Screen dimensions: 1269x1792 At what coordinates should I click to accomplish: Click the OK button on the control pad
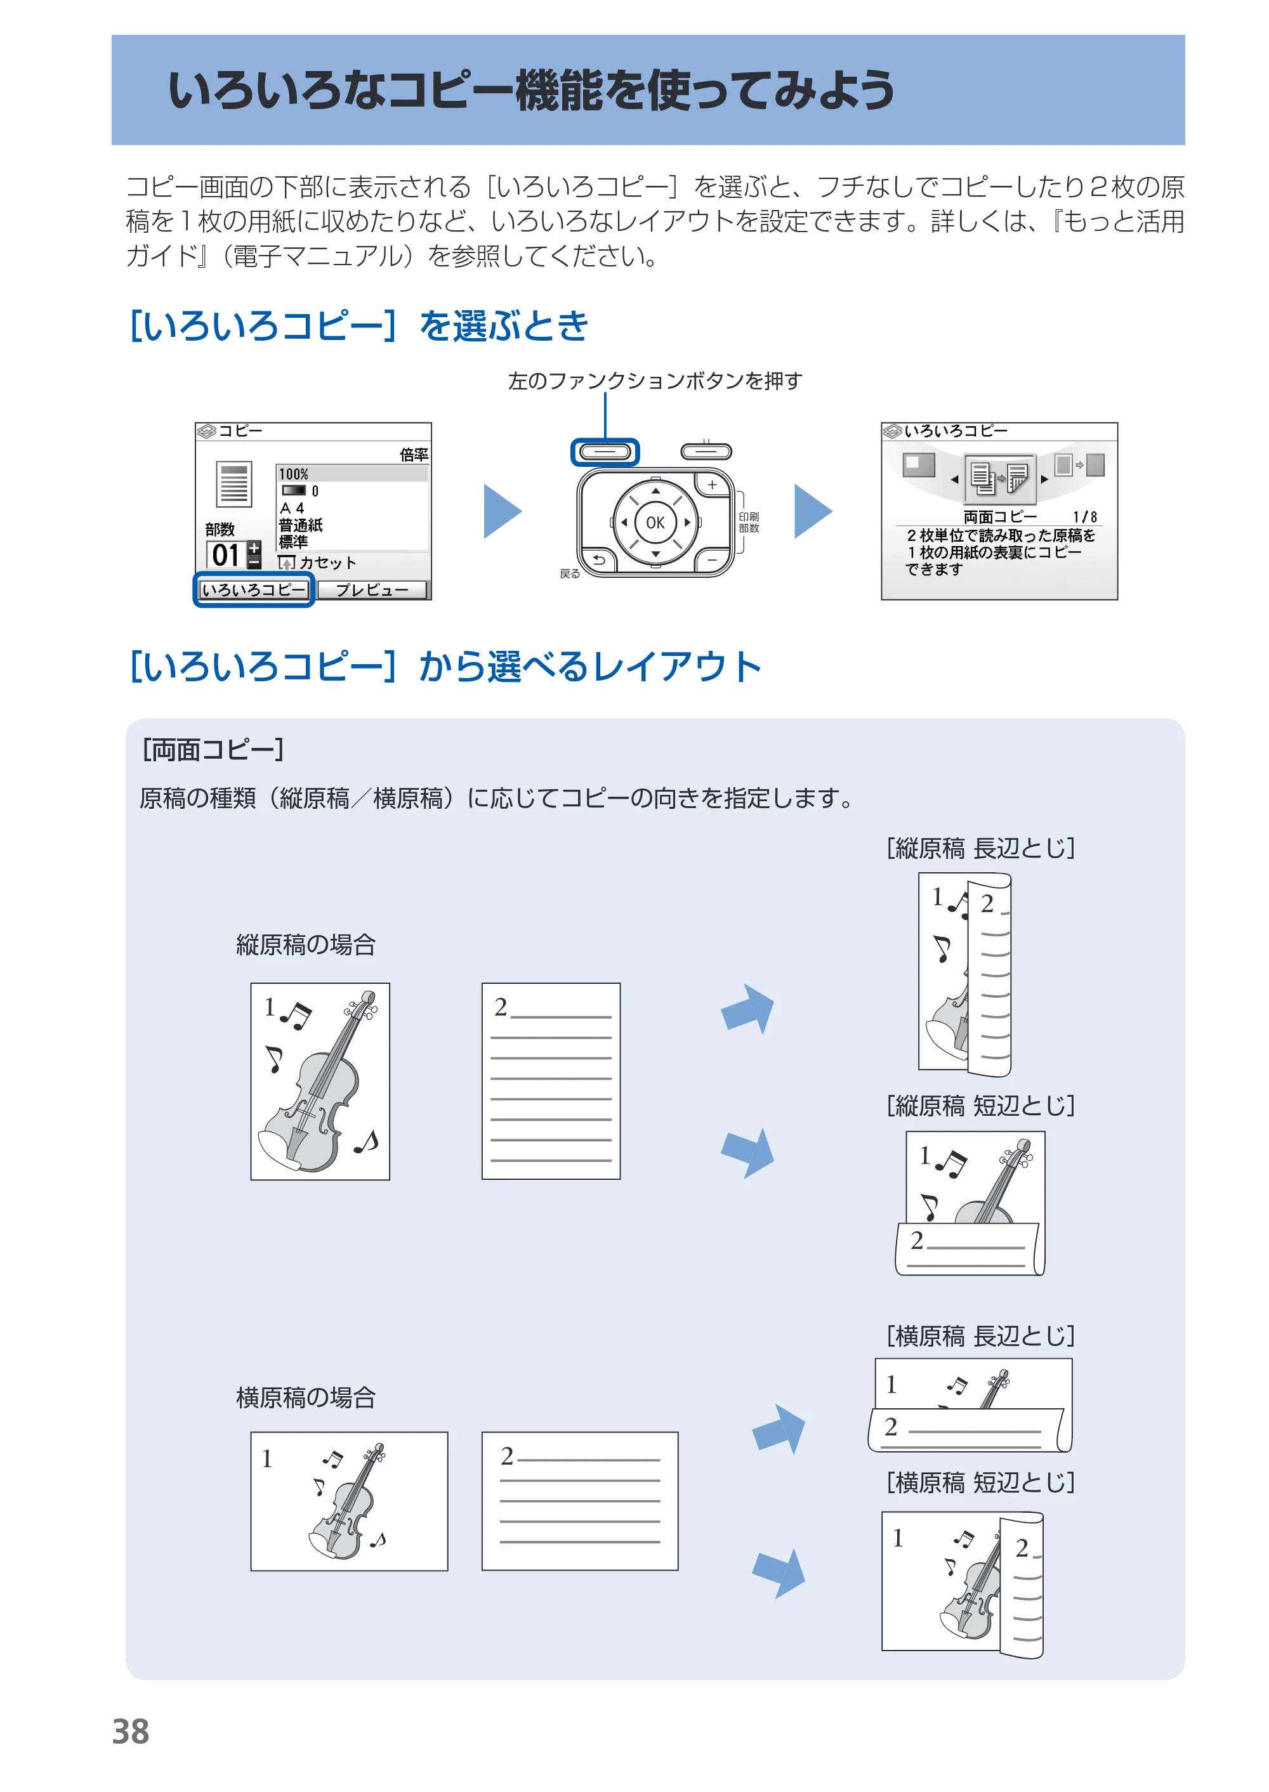click(655, 523)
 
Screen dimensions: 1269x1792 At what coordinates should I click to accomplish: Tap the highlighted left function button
click(605, 452)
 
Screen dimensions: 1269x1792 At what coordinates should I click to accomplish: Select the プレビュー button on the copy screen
click(372, 590)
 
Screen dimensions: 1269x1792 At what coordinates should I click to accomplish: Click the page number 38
click(131, 1732)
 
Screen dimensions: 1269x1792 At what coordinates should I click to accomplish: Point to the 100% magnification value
click(294, 474)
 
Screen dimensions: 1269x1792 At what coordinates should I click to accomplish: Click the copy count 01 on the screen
click(226, 554)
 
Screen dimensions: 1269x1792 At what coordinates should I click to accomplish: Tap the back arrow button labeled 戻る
click(598, 559)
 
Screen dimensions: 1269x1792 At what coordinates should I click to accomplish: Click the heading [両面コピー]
click(213, 750)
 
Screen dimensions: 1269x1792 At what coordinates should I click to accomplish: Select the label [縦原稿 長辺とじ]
click(981, 847)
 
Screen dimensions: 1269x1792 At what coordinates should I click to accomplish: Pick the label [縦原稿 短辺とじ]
click(981, 1106)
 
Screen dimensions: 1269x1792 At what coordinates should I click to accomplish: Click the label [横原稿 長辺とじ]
click(981, 1336)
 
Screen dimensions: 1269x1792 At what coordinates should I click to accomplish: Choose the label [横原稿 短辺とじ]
click(981, 1482)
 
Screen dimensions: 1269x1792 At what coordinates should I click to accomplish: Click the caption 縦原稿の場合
click(306, 945)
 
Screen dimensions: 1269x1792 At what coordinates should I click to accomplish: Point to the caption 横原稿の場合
click(306, 1397)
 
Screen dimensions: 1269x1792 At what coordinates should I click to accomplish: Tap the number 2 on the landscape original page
click(507, 1456)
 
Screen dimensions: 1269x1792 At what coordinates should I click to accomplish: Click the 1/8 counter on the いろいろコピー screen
click(1084, 516)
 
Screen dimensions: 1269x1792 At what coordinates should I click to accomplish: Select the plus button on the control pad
click(711, 485)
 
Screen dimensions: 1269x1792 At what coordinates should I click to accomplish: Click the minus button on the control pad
click(711, 559)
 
